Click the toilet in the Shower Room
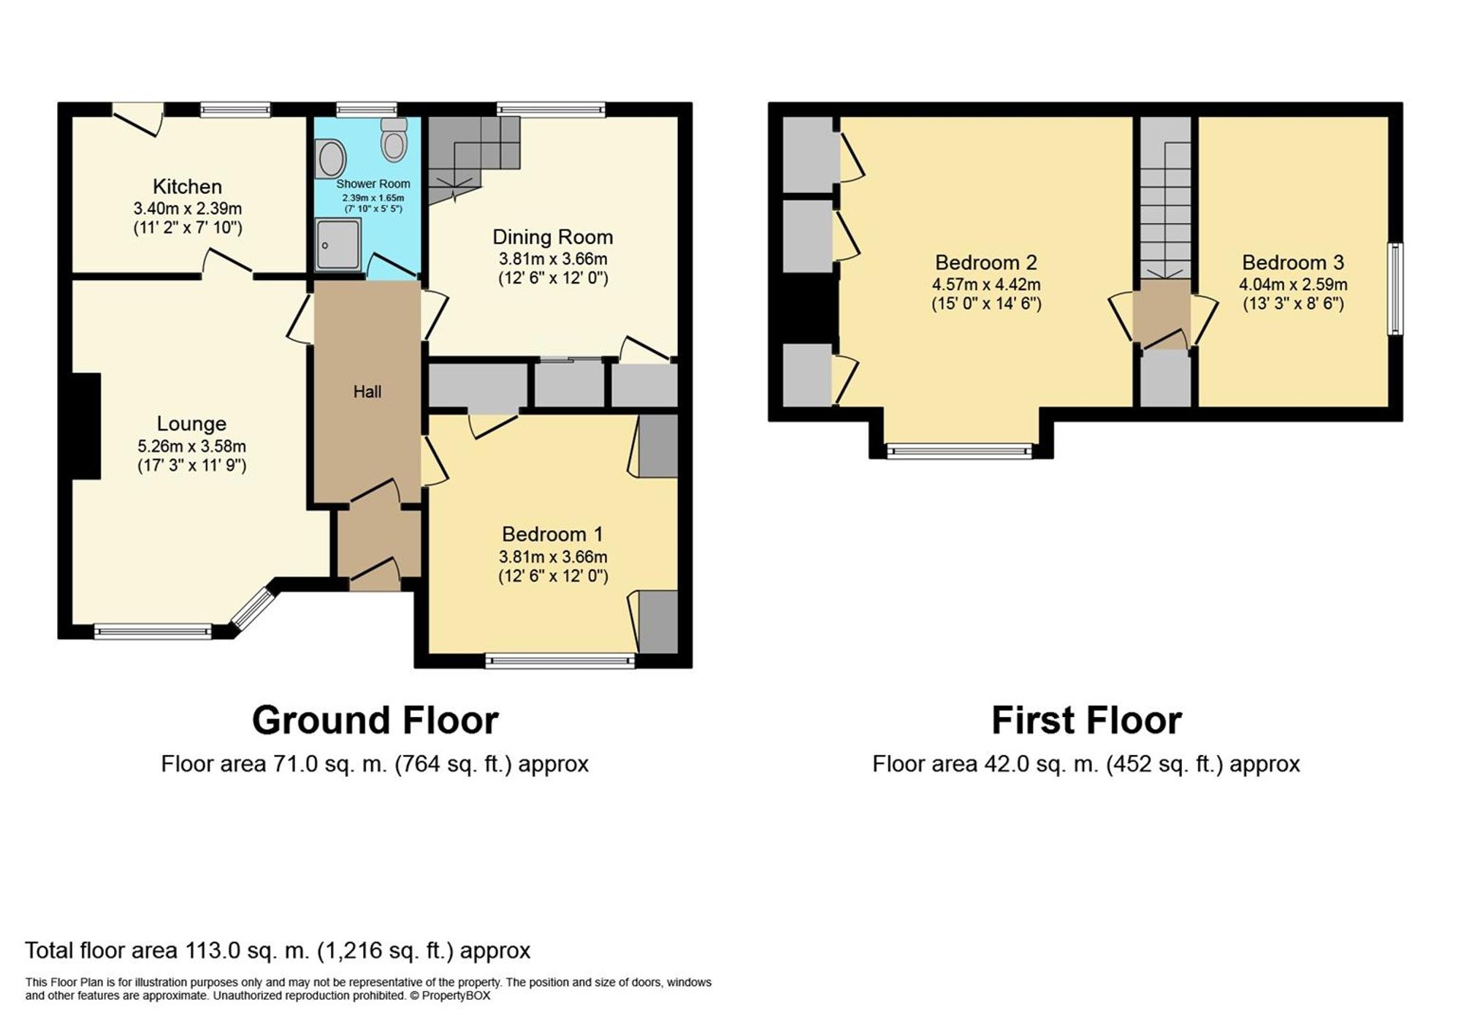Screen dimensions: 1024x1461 [394, 141]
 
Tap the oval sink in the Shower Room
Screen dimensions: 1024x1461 [331, 159]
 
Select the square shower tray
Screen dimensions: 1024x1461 [338, 244]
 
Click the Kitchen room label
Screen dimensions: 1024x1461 [187, 186]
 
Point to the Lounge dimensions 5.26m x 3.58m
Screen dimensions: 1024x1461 [191, 446]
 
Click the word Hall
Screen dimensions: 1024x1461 [367, 392]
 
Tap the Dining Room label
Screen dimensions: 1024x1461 [552, 237]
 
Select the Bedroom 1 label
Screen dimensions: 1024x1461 [552, 534]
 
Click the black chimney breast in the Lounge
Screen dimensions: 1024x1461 [85, 426]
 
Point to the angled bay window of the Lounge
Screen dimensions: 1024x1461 [252, 608]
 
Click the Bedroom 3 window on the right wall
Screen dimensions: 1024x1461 [1395, 289]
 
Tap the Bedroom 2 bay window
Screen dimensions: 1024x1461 [960, 451]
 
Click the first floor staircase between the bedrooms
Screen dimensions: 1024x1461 [1166, 212]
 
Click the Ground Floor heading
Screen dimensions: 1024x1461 [375, 721]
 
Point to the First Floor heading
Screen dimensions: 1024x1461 [1086, 721]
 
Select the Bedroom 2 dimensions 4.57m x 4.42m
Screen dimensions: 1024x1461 [986, 284]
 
